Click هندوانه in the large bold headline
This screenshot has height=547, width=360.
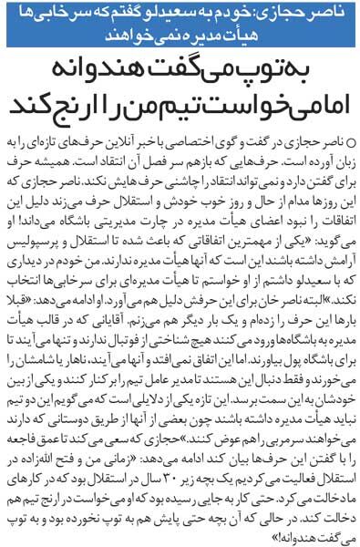click(x=87, y=71)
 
